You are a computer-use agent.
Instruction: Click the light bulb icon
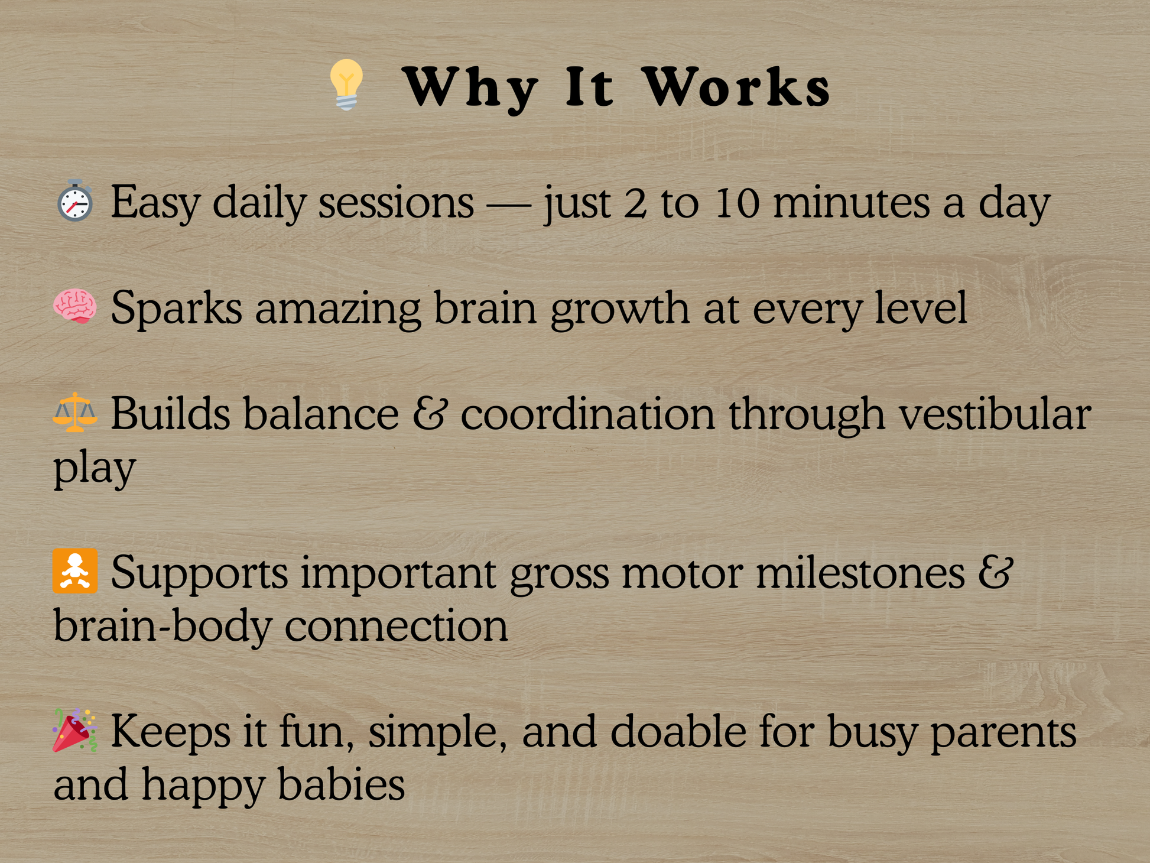(x=346, y=85)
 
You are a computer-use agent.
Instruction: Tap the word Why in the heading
(x=470, y=89)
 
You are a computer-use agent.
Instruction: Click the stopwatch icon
(x=74, y=200)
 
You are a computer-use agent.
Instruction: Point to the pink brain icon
(x=74, y=306)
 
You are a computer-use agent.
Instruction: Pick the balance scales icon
(x=74, y=412)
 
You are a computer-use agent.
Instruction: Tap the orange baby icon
(x=74, y=571)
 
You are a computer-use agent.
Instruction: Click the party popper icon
(x=74, y=729)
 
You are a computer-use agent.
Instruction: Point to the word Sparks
(x=176, y=309)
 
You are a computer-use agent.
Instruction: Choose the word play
(x=95, y=468)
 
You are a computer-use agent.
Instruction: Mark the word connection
(x=396, y=627)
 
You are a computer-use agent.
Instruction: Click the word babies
(x=341, y=784)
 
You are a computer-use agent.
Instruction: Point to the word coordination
(x=588, y=414)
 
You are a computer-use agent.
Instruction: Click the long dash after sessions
(x=508, y=205)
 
